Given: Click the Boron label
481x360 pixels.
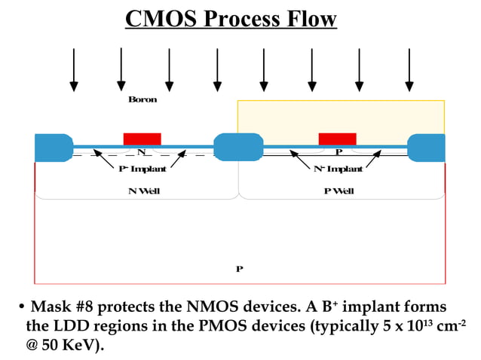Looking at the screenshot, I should (x=142, y=99).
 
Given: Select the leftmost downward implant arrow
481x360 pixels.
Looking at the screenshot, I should (x=74, y=69).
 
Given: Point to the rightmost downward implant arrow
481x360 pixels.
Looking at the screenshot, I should (x=409, y=69).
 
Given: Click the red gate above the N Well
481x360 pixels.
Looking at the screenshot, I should (x=142, y=139).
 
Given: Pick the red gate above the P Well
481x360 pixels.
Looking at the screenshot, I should (x=337, y=139).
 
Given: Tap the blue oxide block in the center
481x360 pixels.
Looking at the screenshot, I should (x=238, y=147).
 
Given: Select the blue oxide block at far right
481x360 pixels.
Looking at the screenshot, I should (x=426, y=147).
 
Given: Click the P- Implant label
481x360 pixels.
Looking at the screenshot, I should (x=142, y=169).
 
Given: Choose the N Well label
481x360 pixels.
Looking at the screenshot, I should (x=143, y=191).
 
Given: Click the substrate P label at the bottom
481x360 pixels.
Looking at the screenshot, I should (x=239, y=268).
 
